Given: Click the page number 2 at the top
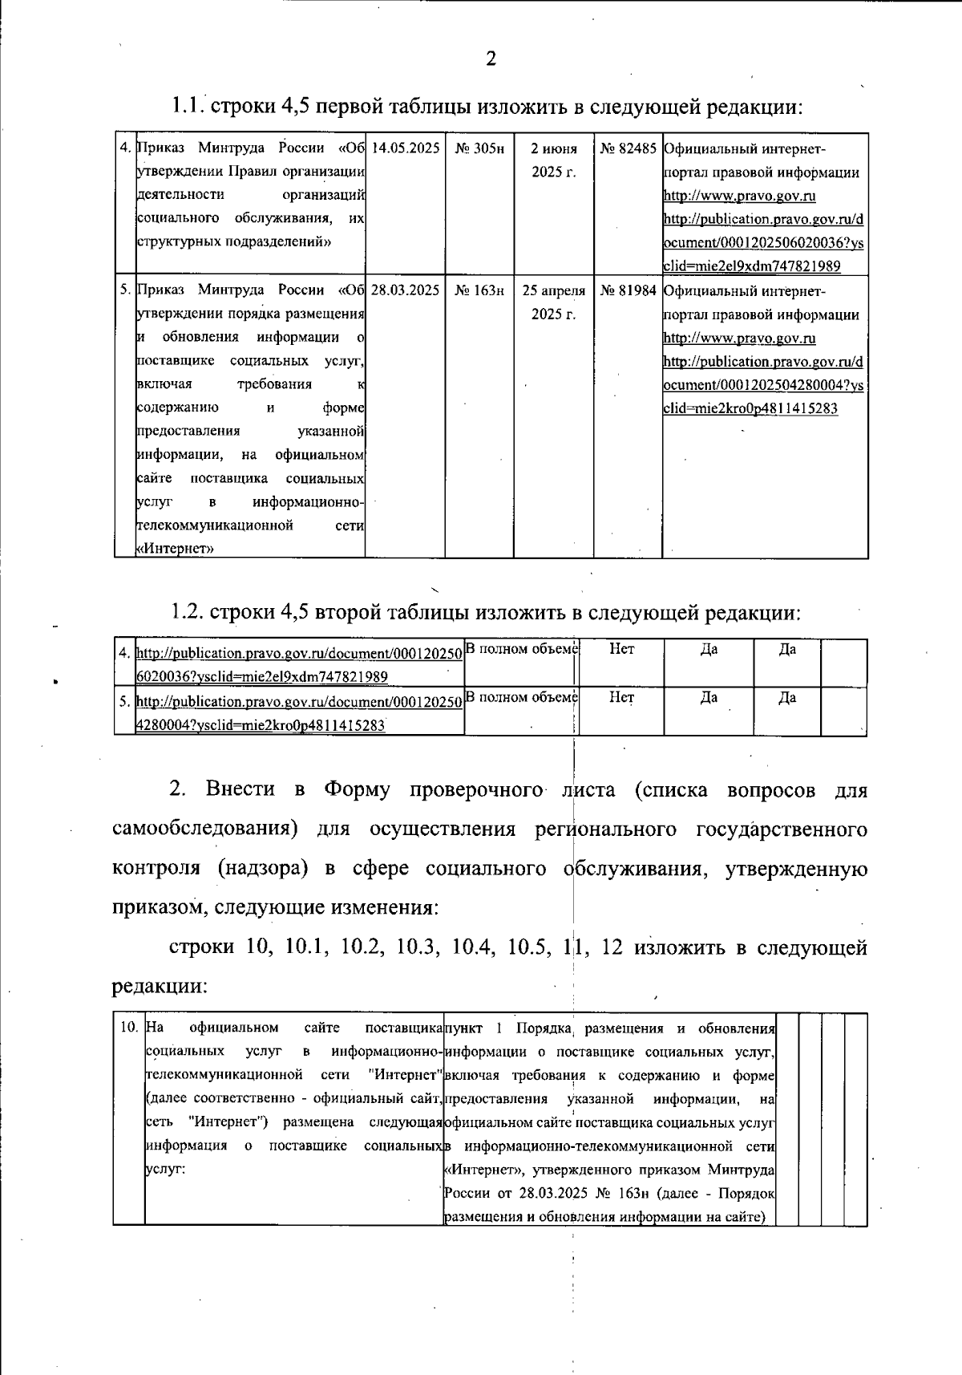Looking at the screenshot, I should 491,59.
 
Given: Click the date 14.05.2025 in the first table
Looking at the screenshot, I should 406,148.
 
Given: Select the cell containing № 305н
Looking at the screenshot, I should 479,148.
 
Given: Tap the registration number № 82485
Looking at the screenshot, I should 628,148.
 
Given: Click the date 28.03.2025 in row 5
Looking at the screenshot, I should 406,290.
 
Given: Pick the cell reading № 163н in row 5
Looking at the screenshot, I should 479,290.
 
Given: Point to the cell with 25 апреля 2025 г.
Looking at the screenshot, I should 554,302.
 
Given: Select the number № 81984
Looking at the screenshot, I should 628,290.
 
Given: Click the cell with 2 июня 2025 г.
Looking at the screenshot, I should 554,160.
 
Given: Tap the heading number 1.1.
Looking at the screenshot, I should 189,106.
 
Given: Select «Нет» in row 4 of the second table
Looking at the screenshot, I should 621,649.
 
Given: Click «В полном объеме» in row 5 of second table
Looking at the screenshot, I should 522,697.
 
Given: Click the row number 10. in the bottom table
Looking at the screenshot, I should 129,1028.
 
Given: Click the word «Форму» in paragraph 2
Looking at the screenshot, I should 357,789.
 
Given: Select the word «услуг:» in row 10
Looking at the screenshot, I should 165,1168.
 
